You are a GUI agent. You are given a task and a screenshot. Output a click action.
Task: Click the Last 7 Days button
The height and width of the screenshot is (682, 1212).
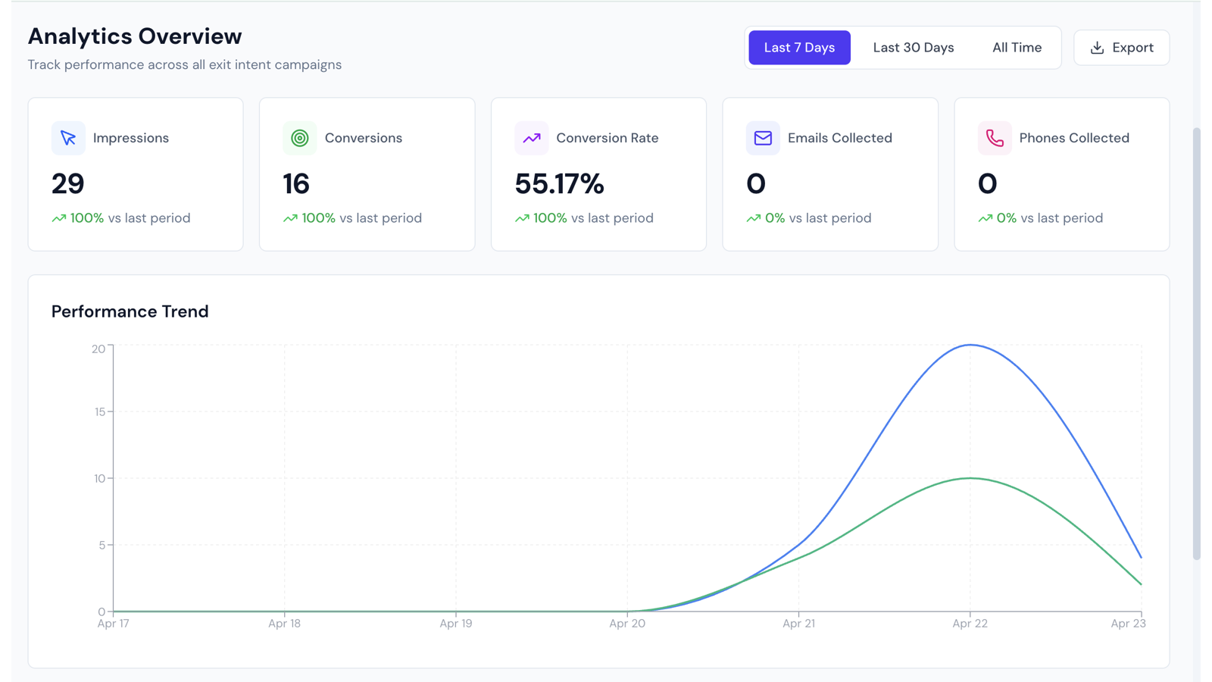coord(799,48)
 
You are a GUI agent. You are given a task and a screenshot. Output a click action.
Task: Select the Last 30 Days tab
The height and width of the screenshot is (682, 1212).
coord(914,48)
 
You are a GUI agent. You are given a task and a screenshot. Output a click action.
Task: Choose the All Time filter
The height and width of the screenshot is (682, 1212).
coord(1017,48)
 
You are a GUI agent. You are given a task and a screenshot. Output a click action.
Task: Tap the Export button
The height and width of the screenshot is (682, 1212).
coord(1122,48)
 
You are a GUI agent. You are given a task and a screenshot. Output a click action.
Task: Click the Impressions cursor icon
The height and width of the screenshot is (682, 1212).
coord(68,138)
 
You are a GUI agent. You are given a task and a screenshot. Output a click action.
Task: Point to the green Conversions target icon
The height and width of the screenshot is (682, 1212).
coord(300,138)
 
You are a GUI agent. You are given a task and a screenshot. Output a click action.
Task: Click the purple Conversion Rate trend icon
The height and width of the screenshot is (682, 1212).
coord(531,138)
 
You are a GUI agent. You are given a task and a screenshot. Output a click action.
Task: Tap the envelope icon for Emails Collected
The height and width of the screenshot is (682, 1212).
coord(763,138)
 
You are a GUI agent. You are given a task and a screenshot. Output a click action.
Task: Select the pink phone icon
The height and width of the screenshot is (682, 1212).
coord(995,138)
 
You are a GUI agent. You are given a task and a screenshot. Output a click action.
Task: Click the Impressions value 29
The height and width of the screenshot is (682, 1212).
coord(67,183)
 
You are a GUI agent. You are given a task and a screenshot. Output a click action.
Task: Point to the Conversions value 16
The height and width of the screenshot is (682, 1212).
coord(296,183)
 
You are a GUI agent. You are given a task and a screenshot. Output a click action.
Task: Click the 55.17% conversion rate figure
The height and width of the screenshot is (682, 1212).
coord(559,183)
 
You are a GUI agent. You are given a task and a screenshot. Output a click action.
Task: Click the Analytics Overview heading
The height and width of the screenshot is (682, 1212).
coord(135,36)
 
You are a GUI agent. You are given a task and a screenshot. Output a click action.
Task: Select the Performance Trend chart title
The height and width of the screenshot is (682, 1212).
coord(130,311)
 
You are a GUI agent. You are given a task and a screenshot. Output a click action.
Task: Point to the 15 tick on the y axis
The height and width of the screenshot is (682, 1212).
coord(99,412)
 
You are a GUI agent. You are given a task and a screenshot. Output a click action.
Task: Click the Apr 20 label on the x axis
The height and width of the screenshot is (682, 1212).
coord(627,624)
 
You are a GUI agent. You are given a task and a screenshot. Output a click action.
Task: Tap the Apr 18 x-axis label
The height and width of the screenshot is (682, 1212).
coord(285,624)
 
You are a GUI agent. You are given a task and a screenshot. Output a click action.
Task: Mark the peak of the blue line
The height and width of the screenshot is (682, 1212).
coord(970,345)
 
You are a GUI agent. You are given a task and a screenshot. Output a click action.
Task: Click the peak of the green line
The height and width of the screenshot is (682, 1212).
coord(970,478)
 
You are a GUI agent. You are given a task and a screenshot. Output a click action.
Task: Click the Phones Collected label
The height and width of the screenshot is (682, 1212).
coord(1074,138)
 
